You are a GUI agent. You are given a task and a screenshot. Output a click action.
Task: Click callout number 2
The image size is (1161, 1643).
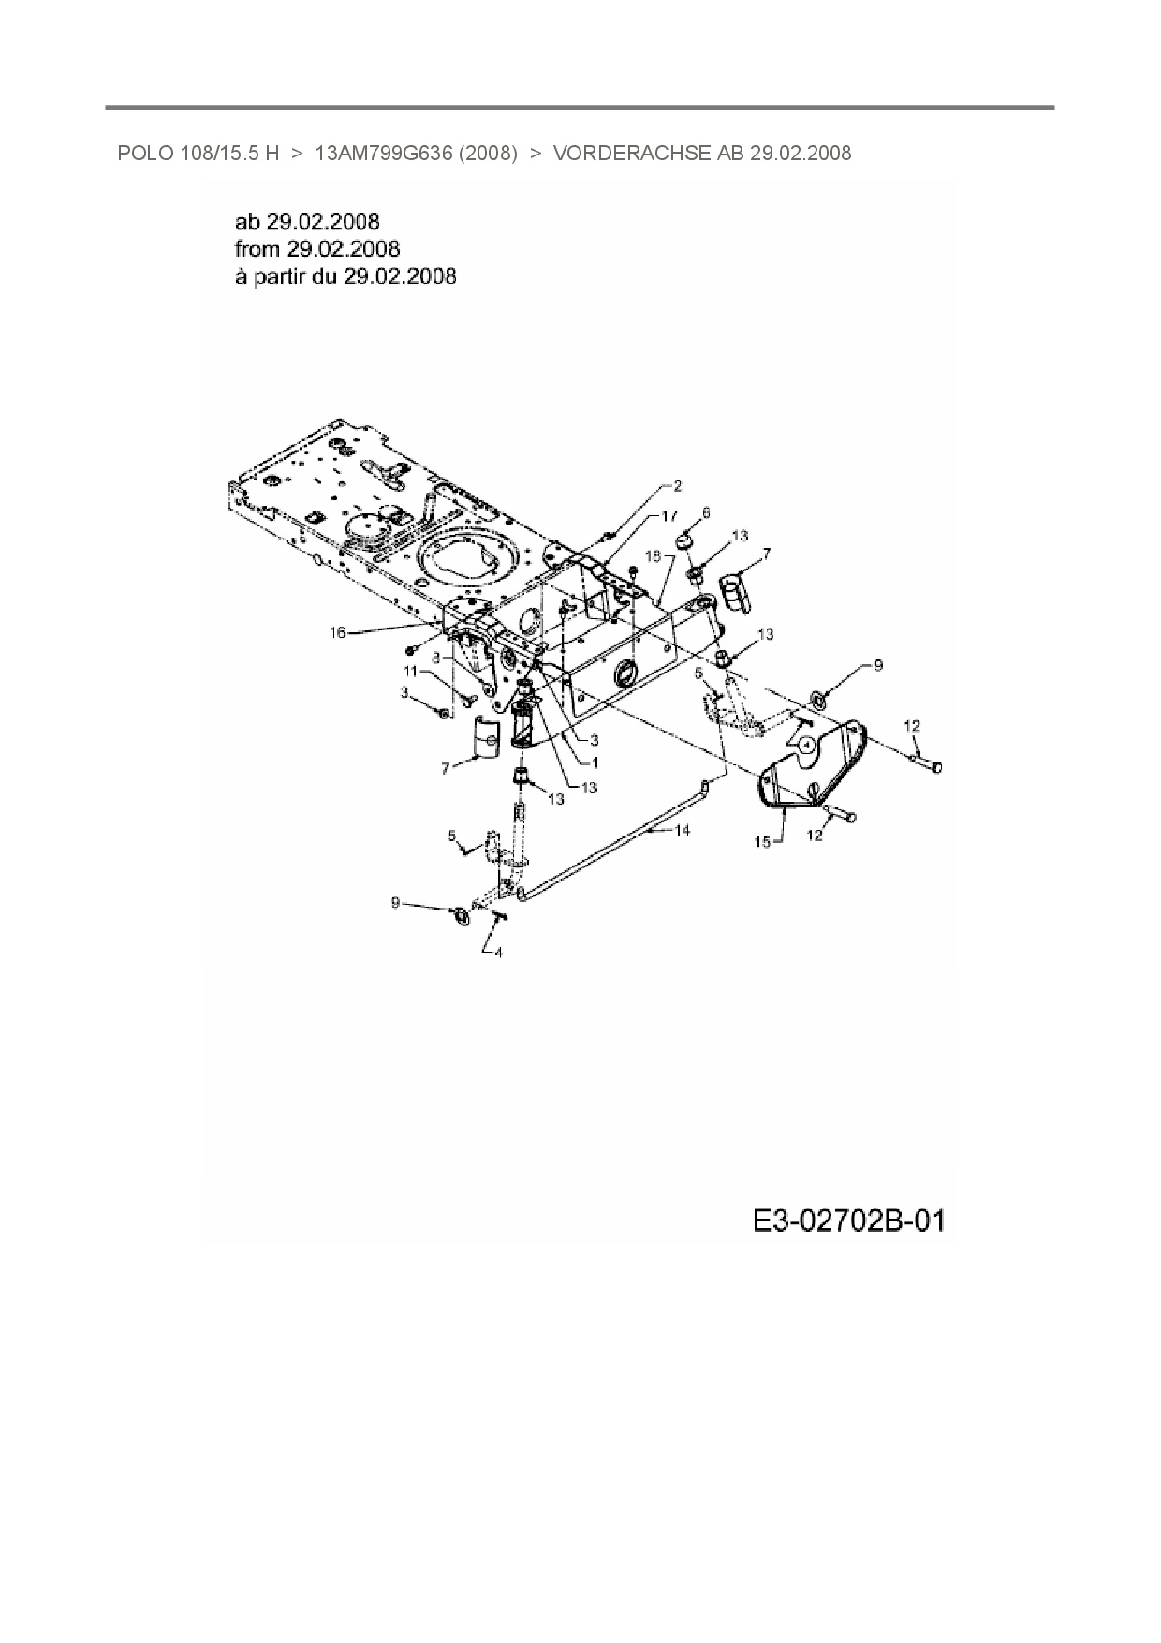coord(678,486)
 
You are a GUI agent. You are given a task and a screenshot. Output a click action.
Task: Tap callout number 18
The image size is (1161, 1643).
coord(653,555)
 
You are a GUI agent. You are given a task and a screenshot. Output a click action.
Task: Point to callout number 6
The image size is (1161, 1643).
coord(706,512)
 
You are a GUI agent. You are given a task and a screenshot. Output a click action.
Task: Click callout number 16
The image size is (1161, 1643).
coord(337,632)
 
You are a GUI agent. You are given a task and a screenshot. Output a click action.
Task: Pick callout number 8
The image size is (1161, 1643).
coord(436,658)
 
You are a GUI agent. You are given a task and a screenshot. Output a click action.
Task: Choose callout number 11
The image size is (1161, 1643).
coord(410,671)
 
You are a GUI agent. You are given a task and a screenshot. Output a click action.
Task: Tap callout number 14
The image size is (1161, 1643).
coord(683,829)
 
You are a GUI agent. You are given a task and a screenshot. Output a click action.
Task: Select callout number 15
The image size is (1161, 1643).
coord(762,841)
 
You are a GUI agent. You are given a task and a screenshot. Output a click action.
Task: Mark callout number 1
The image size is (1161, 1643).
coord(595,762)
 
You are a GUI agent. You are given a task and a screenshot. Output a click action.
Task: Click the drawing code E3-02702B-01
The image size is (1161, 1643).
coord(848,1221)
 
